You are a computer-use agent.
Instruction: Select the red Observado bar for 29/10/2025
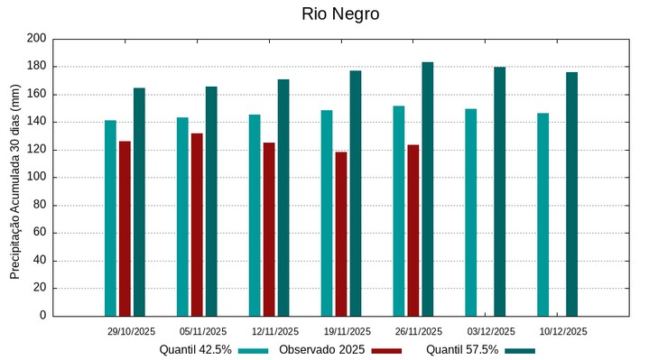click(125, 228)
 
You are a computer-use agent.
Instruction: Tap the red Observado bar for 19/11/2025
click(341, 234)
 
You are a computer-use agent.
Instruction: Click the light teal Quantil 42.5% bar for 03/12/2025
click(471, 212)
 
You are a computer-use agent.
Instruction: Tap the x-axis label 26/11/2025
click(419, 331)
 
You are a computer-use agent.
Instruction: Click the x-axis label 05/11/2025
click(203, 331)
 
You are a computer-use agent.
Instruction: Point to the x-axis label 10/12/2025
click(563, 331)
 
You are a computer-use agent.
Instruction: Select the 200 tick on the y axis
click(36, 39)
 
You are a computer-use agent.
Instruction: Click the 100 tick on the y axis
click(36, 178)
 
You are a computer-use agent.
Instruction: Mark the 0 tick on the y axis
click(42, 316)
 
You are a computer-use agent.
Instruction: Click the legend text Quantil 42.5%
click(196, 349)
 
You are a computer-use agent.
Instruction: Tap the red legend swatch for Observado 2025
click(386, 350)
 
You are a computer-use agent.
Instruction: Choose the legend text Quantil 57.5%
click(462, 349)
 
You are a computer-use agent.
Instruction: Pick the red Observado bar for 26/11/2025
click(413, 230)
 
